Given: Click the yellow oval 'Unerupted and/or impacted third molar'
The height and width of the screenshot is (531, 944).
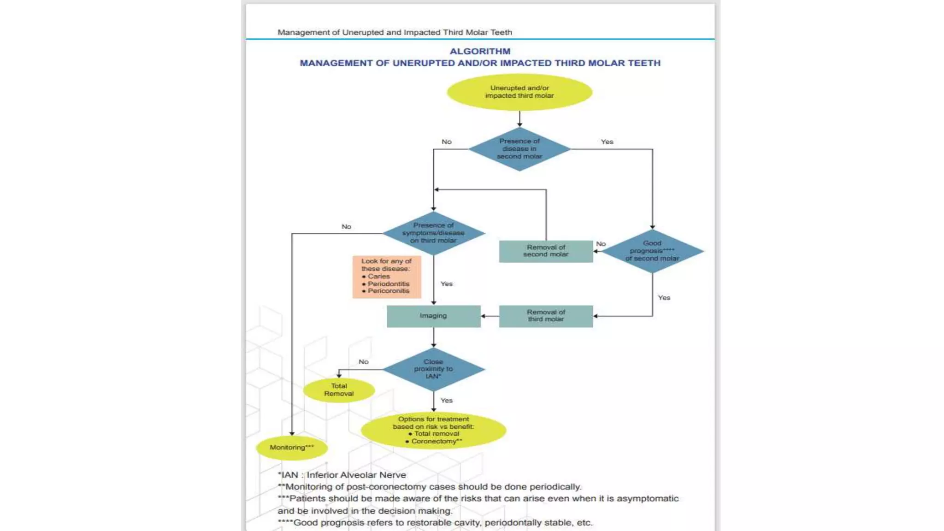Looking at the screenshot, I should pyautogui.click(x=519, y=92).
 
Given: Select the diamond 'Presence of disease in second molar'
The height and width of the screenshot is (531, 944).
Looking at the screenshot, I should pyautogui.click(x=519, y=149).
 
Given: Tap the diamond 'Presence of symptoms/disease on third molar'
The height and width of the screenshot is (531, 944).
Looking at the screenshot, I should pyautogui.click(x=433, y=233).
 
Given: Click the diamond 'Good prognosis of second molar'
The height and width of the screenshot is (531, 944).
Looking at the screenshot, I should pyautogui.click(x=652, y=251).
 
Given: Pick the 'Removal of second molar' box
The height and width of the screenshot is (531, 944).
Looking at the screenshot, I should pyautogui.click(x=546, y=251).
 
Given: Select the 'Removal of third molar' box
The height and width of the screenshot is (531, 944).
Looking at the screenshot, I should pyautogui.click(x=546, y=316).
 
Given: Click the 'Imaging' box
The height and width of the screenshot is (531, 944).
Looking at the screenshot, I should pyautogui.click(x=433, y=316).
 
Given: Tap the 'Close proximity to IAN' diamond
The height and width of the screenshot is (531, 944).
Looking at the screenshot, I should pyautogui.click(x=433, y=369).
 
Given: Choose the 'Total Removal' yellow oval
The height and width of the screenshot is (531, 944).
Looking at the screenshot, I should pyautogui.click(x=339, y=390).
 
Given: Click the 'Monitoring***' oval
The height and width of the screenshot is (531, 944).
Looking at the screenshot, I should pyautogui.click(x=292, y=448).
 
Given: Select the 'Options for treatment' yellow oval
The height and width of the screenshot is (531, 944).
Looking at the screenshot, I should pyautogui.click(x=433, y=430).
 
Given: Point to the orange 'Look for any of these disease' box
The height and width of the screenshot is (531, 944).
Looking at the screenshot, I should pyautogui.click(x=387, y=277).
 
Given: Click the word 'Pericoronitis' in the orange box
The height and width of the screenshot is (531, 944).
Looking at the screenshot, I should pyautogui.click(x=389, y=291).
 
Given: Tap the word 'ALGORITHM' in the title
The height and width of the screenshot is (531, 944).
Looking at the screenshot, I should pyautogui.click(x=480, y=51).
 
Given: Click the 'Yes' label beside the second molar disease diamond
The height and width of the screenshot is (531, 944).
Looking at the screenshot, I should pyautogui.click(x=607, y=142).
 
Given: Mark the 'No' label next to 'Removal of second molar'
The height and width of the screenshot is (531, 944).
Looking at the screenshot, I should pyautogui.click(x=601, y=244).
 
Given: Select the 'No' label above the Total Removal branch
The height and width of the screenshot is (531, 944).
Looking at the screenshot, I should pyautogui.click(x=364, y=362).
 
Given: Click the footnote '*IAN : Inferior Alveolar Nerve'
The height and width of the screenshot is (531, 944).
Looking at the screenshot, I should pyautogui.click(x=342, y=475).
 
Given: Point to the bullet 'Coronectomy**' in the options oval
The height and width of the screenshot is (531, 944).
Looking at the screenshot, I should pyautogui.click(x=436, y=441).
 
